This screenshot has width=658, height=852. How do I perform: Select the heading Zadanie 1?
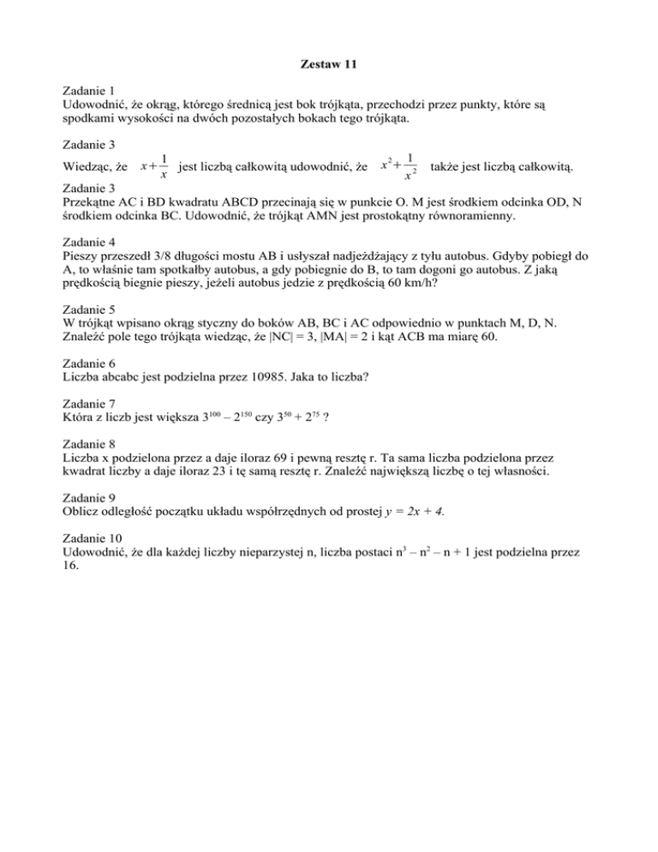[x=91, y=89]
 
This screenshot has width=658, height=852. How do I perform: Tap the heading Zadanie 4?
[x=91, y=242]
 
